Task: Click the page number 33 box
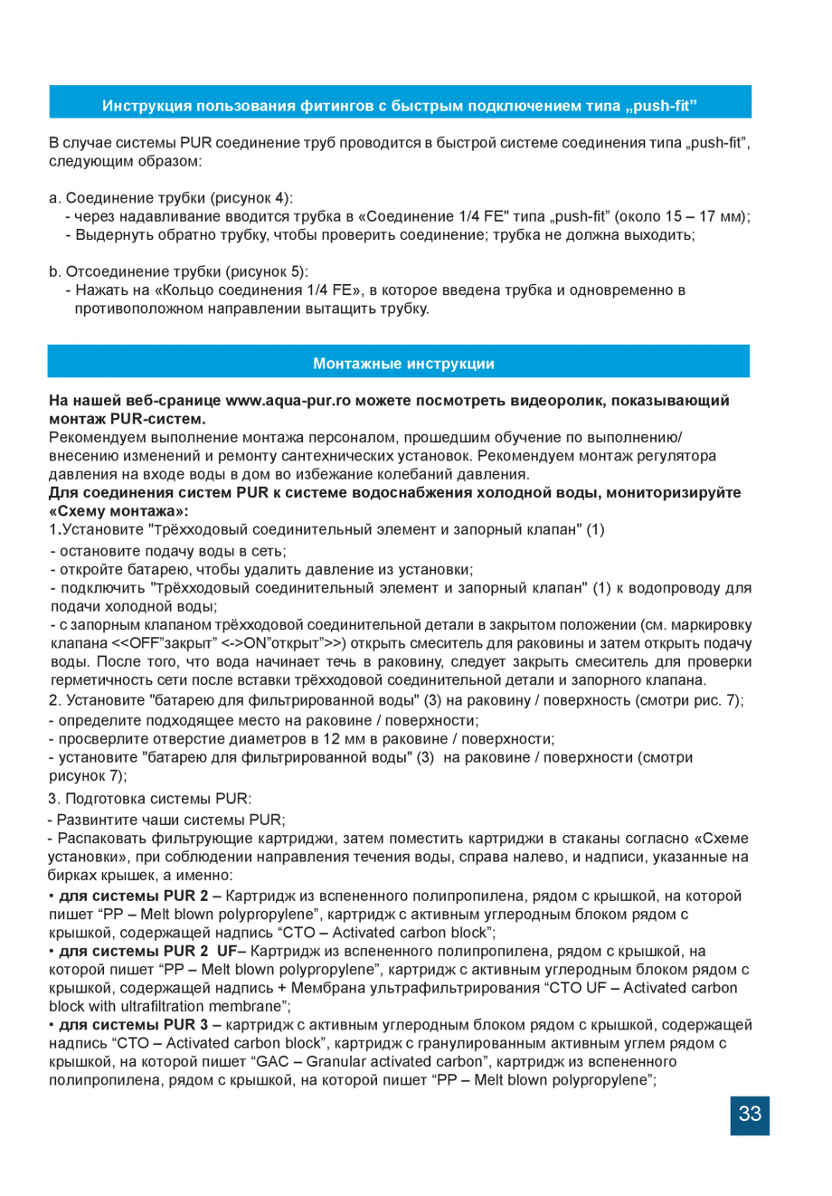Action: coord(750,1114)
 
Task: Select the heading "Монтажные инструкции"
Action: coord(403,364)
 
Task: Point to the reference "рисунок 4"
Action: coord(251,197)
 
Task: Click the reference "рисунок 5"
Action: coord(267,271)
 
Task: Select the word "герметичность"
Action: coord(99,679)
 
